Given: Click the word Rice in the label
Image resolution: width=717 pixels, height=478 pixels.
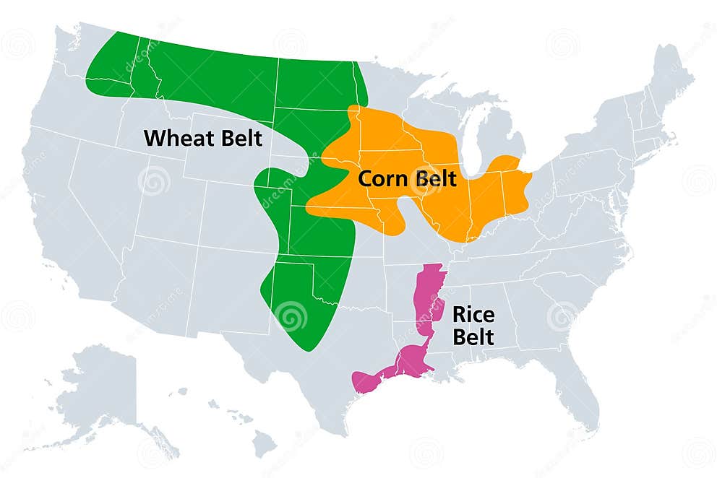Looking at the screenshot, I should pyautogui.click(x=471, y=313).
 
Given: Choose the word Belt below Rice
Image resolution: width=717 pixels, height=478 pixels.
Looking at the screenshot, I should pyautogui.click(x=473, y=336).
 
